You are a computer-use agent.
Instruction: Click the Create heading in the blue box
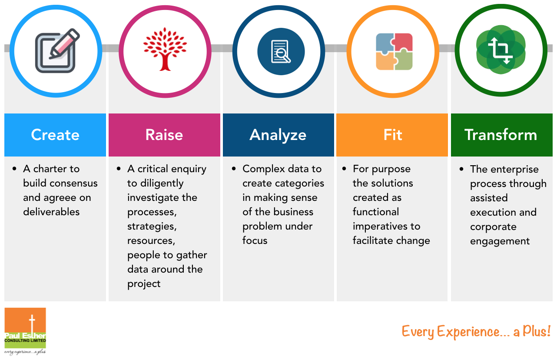(55, 135)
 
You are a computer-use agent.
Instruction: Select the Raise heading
(164, 135)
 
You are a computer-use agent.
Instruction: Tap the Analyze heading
(278, 136)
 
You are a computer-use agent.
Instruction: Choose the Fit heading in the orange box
(393, 135)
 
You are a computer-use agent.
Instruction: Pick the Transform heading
(501, 135)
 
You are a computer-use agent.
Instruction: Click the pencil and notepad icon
(57, 50)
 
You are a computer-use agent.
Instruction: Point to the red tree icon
(165, 49)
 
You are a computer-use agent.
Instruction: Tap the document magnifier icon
(281, 51)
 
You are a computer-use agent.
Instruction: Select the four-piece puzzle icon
(394, 51)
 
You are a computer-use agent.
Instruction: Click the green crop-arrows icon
(501, 50)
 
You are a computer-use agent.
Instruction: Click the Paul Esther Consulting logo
(25, 331)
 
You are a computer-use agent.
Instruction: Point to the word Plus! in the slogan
(537, 331)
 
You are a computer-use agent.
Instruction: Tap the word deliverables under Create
(51, 212)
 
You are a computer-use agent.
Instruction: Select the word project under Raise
(144, 284)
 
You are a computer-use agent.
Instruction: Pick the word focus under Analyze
(255, 240)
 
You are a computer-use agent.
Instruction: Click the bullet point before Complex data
(234, 169)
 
